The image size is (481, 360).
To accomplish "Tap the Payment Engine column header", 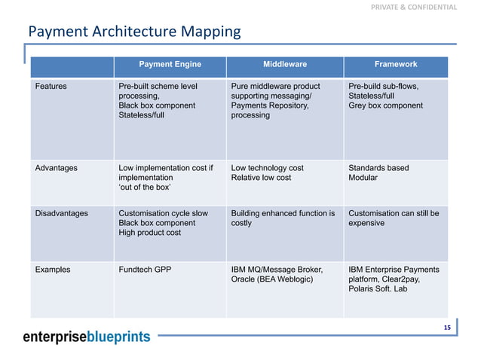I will point(170,65).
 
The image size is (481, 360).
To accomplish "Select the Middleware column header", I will point(284,65).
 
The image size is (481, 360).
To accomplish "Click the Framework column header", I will point(395,65).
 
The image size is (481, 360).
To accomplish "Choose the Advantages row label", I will point(57,168).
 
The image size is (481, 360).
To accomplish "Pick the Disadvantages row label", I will point(62,214).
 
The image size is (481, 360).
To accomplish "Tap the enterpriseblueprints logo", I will point(86,337).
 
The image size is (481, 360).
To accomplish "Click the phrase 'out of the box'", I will point(145,188).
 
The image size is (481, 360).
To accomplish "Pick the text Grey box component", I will point(385,106).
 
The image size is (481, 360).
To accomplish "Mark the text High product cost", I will point(150,233).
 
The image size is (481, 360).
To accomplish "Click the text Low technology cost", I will point(268,168).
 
